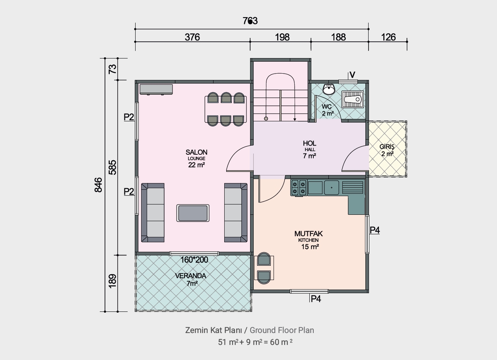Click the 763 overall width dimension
250,21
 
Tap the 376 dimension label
192,37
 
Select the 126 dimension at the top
388,37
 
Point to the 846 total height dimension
98,185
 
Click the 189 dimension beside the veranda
113,281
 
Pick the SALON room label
196,152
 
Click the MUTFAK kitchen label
309,234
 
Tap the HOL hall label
309,143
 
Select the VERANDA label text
190,276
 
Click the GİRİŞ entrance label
387,147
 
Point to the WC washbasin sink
329,89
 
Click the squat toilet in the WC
353,99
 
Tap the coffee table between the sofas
193,213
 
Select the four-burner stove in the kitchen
299,188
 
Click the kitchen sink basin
332,187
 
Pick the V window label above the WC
352,75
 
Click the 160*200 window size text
194,260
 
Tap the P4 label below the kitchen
316,299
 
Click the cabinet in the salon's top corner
156,89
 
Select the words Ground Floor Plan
282,330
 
